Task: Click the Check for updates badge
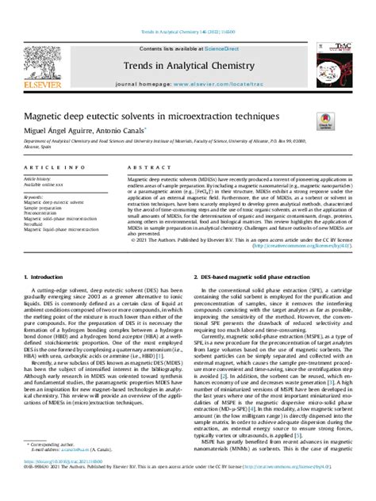coord(325,120)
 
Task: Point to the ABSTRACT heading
coord(145,169)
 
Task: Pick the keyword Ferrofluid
coord(37,224)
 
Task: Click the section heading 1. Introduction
coord(48,276)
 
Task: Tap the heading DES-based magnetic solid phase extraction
coord(255,276)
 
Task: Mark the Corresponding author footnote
coord(52,468)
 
